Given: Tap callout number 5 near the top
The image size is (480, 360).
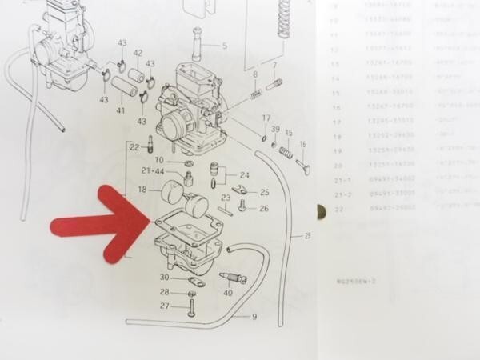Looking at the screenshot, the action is pos(225,46).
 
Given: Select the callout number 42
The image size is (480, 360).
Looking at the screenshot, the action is pos(138,54).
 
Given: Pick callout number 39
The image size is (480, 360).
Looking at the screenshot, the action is pos(274,130).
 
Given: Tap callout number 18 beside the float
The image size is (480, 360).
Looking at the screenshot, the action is pos(142,190).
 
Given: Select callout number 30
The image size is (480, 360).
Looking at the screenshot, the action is pos(163,278).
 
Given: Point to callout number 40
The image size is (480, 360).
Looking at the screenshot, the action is pos(228,293).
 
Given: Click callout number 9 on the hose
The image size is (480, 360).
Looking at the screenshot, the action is pos(254,317).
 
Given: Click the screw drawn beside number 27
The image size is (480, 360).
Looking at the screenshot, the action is pos(190,307).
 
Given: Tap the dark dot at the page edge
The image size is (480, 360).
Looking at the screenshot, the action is pos(321,214).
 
